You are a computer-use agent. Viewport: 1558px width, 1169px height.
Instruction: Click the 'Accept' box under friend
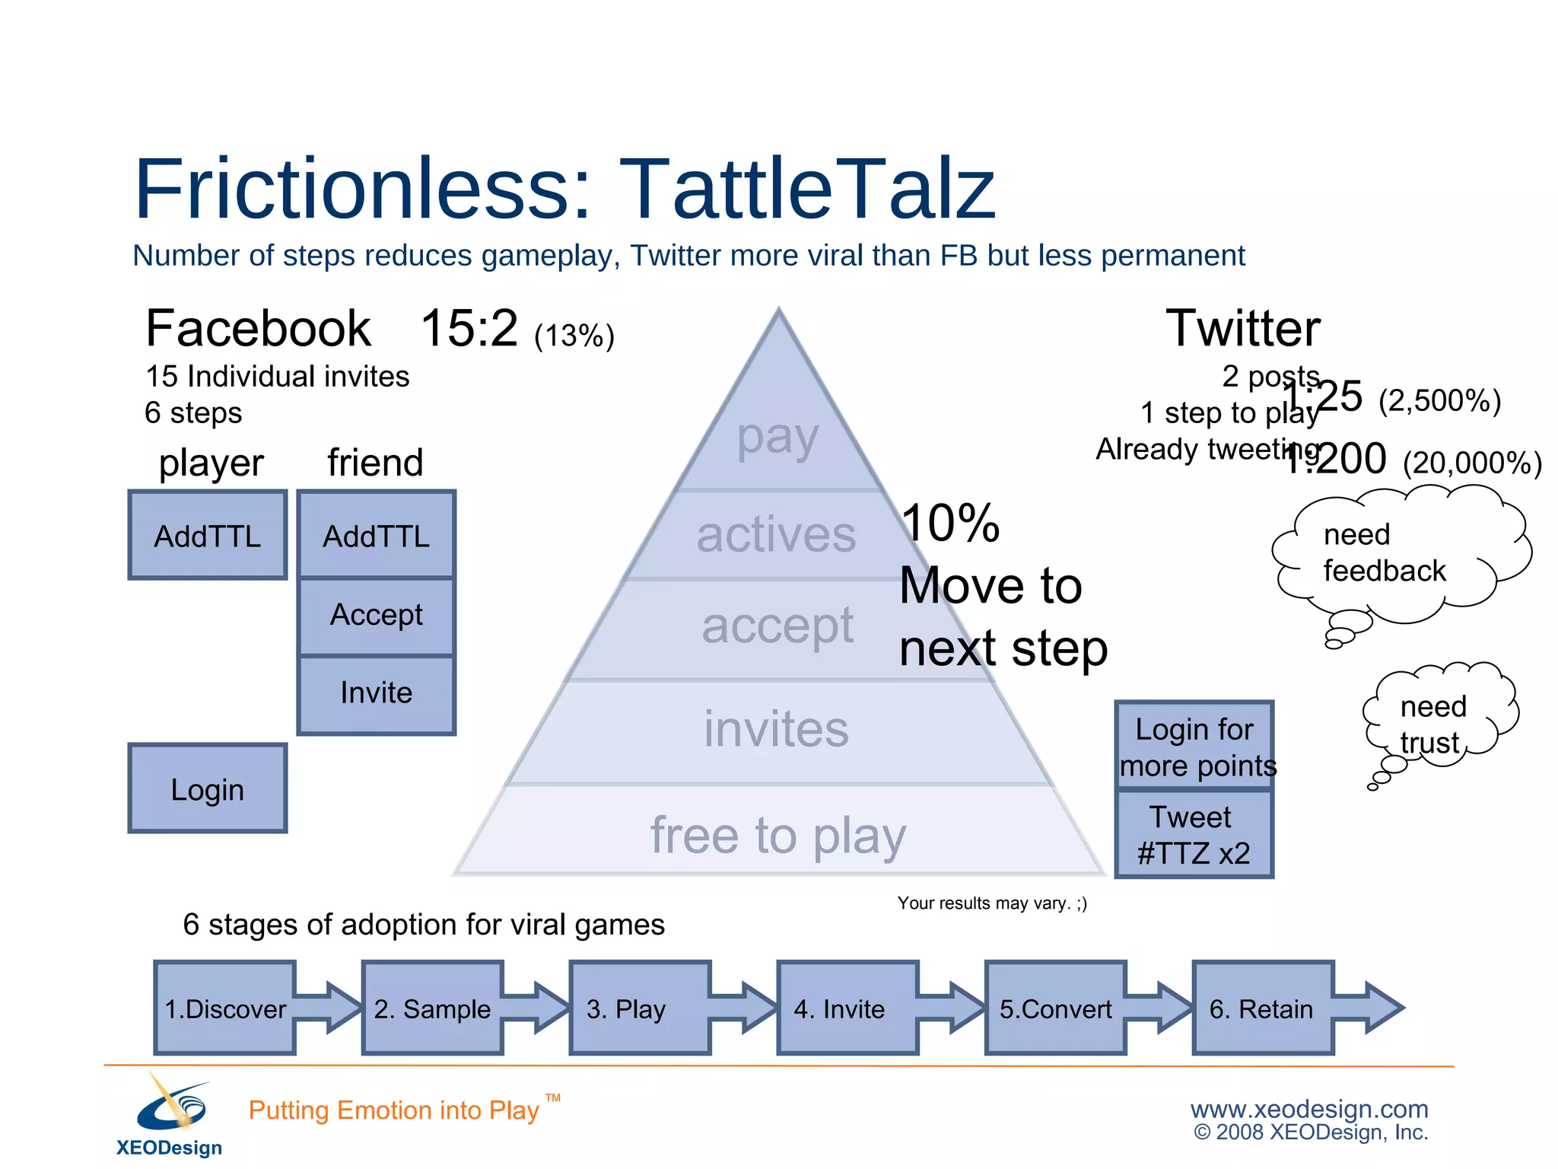pos(377,615)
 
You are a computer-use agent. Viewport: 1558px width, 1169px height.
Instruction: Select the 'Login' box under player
pos(208,788)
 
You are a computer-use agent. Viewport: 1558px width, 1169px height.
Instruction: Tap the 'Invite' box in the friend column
pos(377,693)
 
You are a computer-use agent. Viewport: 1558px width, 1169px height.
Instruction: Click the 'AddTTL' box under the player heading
pos(208,535)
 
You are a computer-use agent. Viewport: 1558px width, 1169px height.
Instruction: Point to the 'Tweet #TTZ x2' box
pos(1194,835)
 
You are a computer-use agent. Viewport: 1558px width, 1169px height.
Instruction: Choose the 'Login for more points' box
pos(1194,747)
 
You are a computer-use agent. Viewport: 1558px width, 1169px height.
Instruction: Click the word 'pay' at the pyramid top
pos(777,438)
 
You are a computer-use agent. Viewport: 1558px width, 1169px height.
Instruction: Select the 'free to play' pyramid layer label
pos(777,835)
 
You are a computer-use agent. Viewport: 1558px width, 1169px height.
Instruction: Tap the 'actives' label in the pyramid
pos(776,535)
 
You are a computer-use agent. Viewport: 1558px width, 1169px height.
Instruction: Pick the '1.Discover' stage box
pos(225,1008)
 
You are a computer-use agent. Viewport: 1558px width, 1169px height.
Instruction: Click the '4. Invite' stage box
pos(847,1008)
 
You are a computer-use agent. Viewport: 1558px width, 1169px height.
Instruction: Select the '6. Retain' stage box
pos(1263,1008)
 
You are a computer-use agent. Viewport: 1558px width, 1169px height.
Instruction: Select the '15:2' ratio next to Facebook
pos(469,329)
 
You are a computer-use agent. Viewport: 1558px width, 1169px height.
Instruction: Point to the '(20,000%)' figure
pos(1472,463)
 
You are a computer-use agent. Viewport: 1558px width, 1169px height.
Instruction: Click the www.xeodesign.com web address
pos(1309,1109)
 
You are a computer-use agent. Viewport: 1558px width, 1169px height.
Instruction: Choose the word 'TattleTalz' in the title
pos(806,189)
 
